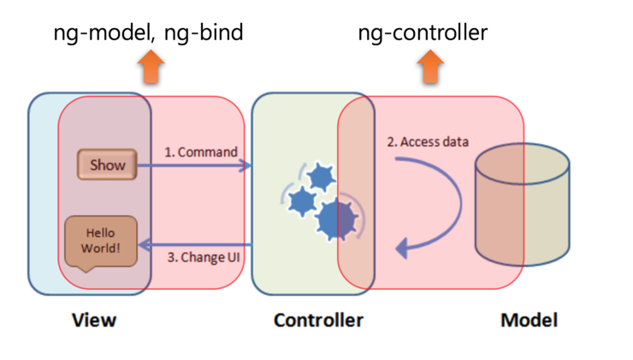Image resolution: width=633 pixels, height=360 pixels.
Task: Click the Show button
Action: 108,165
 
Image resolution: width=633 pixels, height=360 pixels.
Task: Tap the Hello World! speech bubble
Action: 100,240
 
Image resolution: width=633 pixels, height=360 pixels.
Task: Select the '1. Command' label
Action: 200,152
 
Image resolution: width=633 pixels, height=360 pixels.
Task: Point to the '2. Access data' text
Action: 428,142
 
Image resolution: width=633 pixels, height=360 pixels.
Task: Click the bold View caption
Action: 94,321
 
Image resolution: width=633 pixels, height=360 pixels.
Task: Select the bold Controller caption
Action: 318,321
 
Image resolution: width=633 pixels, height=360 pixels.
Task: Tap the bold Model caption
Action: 529,321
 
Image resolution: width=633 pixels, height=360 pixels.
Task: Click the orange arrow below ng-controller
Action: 431,68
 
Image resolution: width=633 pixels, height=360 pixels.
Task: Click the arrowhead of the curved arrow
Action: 400,249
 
